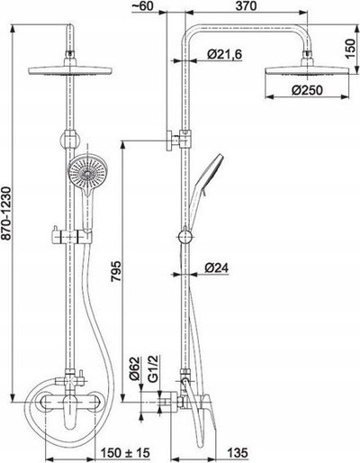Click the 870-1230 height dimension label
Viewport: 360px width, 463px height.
(x=6, y=213)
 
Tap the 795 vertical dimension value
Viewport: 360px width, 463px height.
(x=116, y=271)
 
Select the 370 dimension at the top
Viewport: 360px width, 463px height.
(x=246, y=6)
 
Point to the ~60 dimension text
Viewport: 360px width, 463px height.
(x=142, y=6)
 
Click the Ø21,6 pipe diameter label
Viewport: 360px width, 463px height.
(x=224, y=54)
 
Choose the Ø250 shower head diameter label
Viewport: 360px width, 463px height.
(x=308, y=90)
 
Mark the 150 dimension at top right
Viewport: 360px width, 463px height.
(x=350, y=49)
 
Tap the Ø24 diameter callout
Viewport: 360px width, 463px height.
(x=217, y=268)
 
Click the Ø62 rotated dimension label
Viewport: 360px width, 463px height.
(x=135, y=369)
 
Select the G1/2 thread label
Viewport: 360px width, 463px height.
(x=153, y=369)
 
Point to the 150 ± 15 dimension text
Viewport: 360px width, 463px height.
(x=125, y=453)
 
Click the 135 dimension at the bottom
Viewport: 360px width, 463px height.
(x=238, y=453)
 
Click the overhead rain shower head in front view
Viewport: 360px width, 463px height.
(x=70, y=71)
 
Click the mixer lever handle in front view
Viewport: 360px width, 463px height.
(x=70, y=412)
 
